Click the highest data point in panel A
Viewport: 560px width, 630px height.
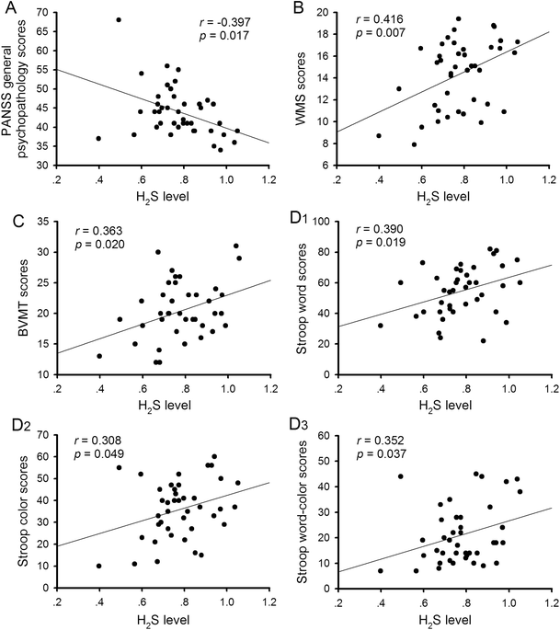[119, 19]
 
